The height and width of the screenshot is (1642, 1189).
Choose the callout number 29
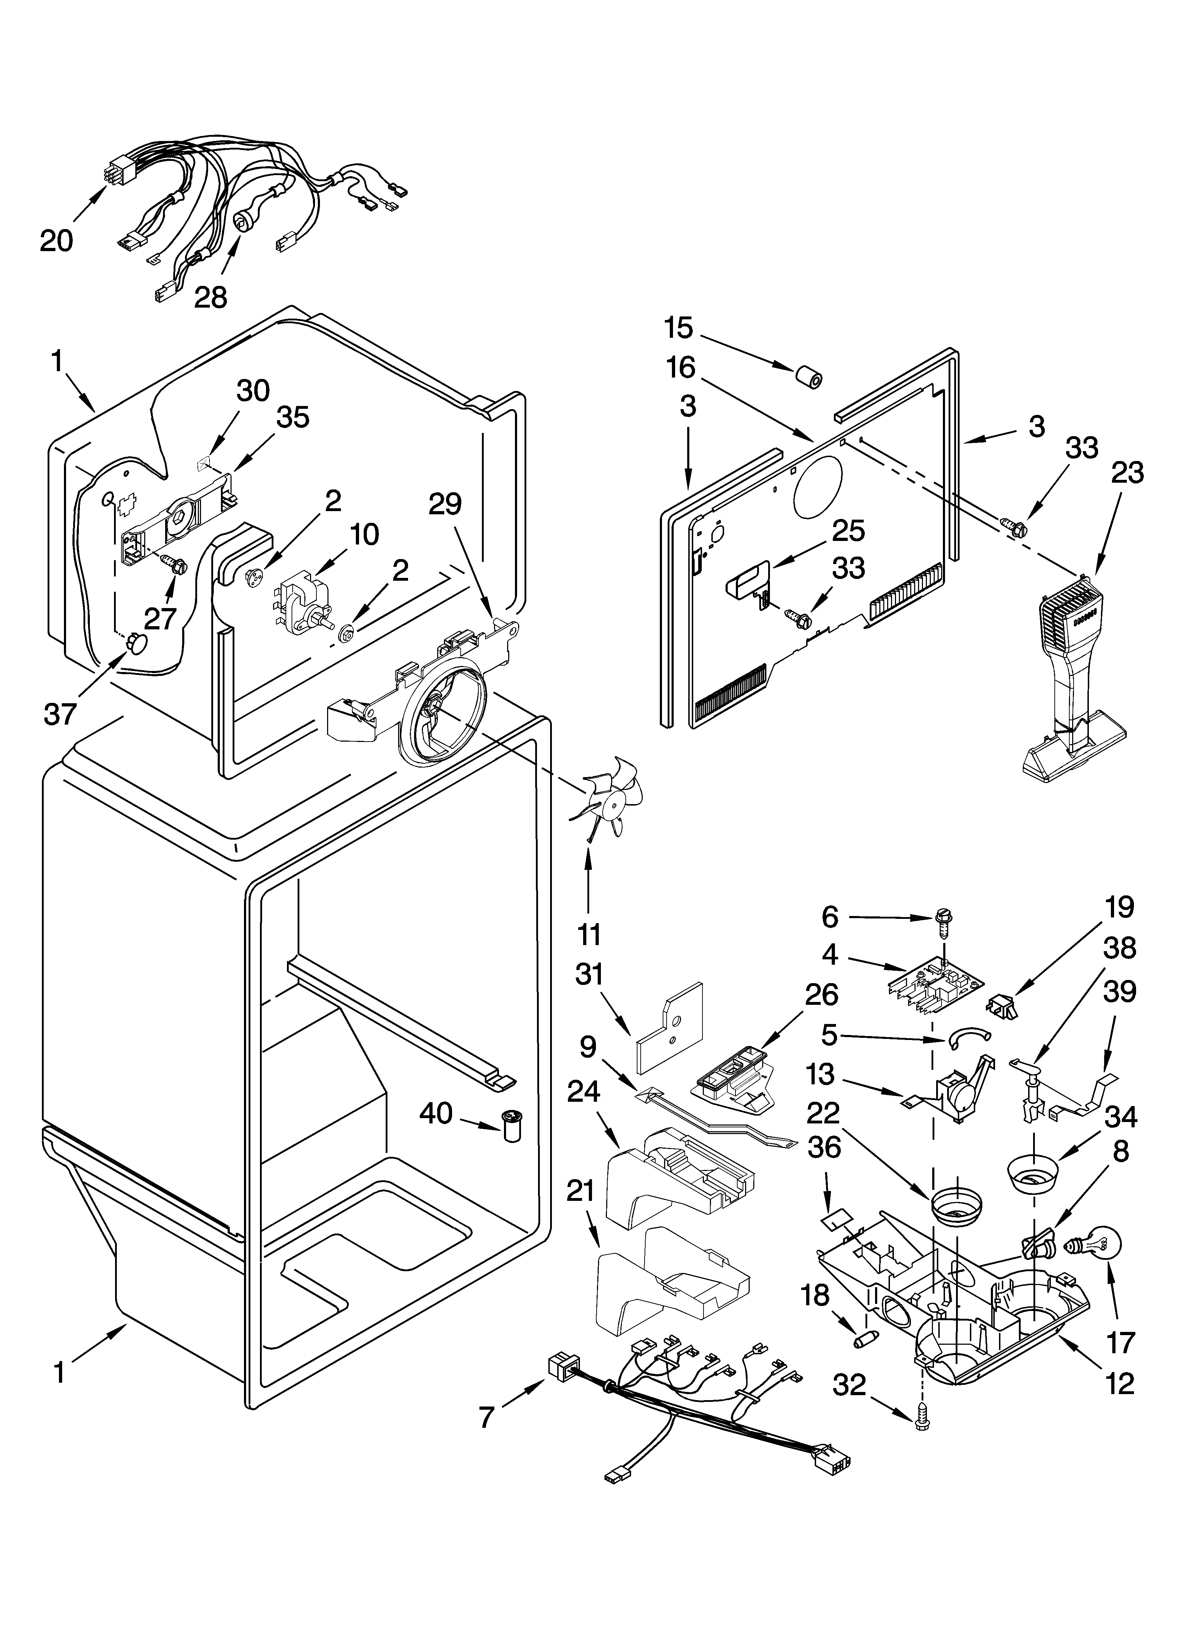pyautogui.click(x=445, y=504)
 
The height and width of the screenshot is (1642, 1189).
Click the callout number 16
pyautogui.click(x=681, y=368)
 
